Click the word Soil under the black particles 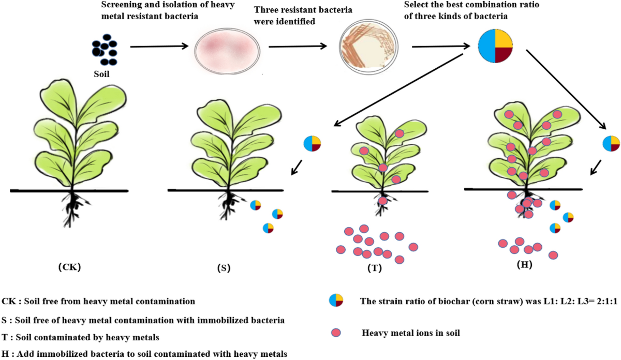(101, 74)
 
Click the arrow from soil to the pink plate (158, 47)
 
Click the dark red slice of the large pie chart (504, 54)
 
